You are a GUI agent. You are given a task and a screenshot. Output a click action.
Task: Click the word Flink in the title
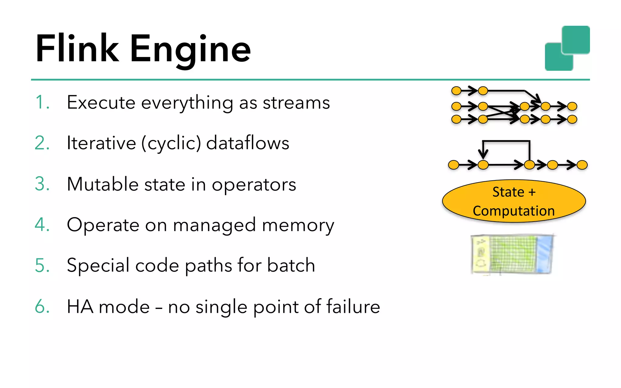click(x=77, y=48)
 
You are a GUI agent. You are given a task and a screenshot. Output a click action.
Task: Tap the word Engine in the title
click(x=190, y=50)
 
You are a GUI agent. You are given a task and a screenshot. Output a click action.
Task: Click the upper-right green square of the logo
click(x=576, y=40)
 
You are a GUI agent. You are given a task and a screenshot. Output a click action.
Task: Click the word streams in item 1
click(x=296, y=103)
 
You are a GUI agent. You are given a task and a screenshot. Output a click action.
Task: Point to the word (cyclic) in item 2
click(x=171, y=143)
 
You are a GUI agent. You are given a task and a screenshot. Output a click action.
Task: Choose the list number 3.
click(x=42, y=184)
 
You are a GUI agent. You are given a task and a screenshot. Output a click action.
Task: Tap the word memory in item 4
click(x=298, y=226)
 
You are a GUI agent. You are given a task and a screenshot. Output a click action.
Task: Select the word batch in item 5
click(x=291, y=265)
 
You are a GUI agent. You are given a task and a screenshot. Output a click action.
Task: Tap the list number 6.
click(x=42, y=306)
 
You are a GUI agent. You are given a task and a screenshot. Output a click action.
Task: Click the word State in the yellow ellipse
click(x=508, y=192)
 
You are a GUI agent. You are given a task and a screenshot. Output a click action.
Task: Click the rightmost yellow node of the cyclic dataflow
click(x=582, y=165)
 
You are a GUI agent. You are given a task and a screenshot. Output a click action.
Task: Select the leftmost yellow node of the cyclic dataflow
click(x=454, y=165)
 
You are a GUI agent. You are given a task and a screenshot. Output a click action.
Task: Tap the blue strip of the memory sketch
click(x=544, y=255)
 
